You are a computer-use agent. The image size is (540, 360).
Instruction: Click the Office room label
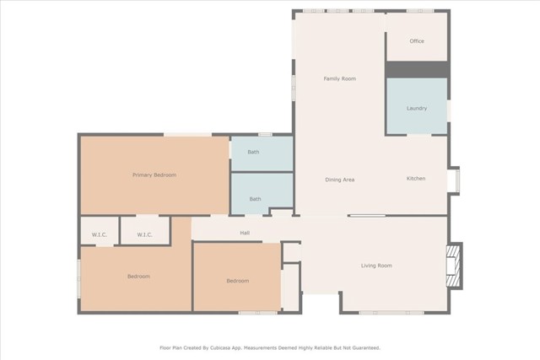point(417,41)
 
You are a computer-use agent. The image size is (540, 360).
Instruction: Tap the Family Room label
point(339,78)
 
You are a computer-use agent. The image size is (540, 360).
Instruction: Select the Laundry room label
point(417,108)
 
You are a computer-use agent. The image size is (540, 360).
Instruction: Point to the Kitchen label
point(416,178)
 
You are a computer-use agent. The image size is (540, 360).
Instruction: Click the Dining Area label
point(339,180)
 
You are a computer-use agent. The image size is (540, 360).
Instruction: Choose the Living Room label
point(376,266)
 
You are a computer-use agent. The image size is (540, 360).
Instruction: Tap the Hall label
point(245,233)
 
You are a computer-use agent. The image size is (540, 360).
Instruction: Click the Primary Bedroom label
point(154,175)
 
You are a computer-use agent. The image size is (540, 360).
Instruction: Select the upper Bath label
point(253,152)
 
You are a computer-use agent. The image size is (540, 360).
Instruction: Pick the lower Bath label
point(255,199)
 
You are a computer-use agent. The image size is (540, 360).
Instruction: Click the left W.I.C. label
point(100,234)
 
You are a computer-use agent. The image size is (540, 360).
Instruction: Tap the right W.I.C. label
point(144,234)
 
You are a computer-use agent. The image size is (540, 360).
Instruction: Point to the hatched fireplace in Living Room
point(454,266)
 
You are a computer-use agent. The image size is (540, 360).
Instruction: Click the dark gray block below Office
point(418,69)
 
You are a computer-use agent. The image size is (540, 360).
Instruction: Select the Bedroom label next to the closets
point(238,281)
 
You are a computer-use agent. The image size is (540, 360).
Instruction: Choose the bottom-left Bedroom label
point(138,277)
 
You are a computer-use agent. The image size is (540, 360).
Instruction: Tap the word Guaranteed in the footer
point(365,348)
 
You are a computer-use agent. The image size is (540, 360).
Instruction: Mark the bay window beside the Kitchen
point(455,180)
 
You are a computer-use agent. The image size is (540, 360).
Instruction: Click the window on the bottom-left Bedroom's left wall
point(78,277)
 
